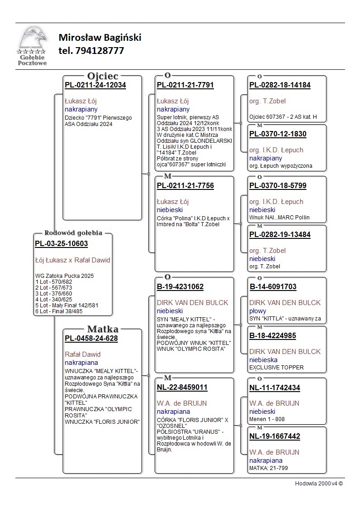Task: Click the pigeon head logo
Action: click(x=32, y=41)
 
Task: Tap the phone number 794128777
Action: click(x=91, y=51)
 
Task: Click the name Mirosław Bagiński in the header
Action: click(x=100, y=38)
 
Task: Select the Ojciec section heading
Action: click(x=102, y=76)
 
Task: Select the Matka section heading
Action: click(x=102, y=329)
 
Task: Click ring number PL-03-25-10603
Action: click(x=61, y=244)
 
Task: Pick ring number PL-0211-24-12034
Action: click(x=95, y=85)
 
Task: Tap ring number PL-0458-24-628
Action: click(x=91, y=339)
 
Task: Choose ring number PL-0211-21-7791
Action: click(x=185, y=85)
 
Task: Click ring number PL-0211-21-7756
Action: click(x=185, y=186)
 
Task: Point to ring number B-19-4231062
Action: click(x=180, y=287)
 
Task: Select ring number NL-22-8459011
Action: click(x=182, y=388)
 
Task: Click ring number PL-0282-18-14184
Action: click(x=280, y=85)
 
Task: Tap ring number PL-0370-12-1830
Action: click(x=277, y=134)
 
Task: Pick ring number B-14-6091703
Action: click(x=273, y=287)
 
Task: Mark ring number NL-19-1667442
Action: click(x=275, y=436)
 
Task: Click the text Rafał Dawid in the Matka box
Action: click(x=83, y=354)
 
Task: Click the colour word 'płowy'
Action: click(x=258, y=311)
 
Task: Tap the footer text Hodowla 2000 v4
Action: click(x=319, y=483)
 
